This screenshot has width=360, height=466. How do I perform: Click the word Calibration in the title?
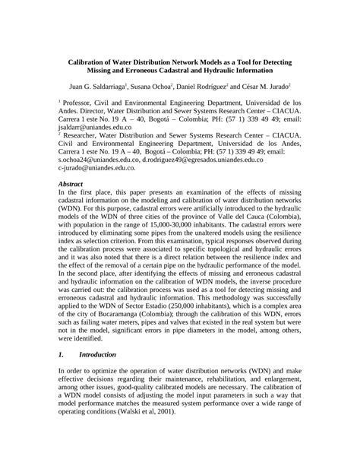click(89, 65)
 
